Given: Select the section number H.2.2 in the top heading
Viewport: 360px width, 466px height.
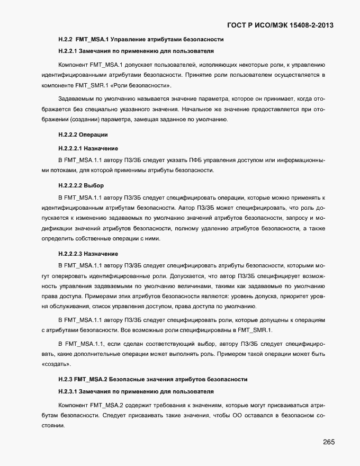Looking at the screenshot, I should click(x=65, y=40).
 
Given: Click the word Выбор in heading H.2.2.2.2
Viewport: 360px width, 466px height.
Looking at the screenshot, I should click(x=94, y=185).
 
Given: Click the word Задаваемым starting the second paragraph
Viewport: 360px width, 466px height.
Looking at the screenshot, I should click(x=76, y=99).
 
